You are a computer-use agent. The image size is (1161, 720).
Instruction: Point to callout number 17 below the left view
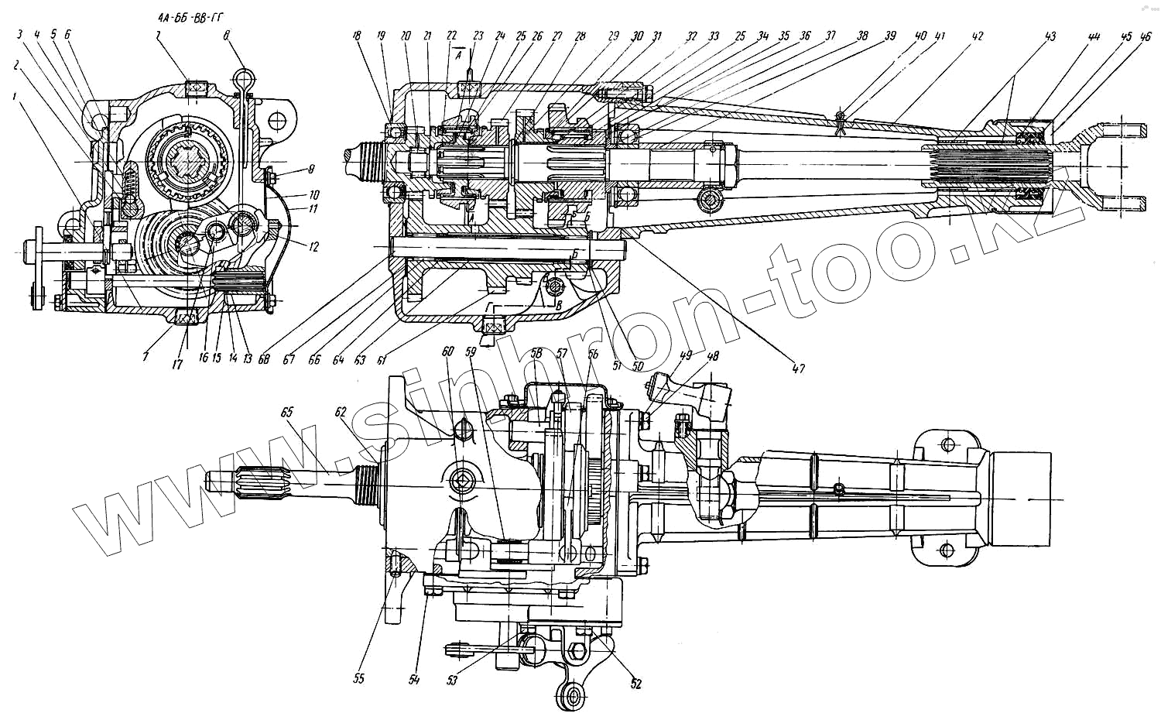[x=177, y=364]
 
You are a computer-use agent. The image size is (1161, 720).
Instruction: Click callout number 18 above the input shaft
[x=358, y=36]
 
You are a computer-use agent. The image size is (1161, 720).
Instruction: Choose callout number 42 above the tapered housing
[x=978, y=36]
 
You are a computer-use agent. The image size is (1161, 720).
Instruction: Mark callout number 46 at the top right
[x=1146, y=36]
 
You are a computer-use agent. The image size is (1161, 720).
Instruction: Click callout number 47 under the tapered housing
[x=798, y=369]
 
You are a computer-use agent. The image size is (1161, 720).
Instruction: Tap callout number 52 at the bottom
[x=636, y=684]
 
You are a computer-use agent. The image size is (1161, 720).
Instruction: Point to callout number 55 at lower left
[x=359, y=678]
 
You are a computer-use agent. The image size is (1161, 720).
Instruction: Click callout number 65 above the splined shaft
[x=287, y=413]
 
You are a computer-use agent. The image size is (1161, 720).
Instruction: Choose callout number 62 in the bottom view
[x=341, y=413]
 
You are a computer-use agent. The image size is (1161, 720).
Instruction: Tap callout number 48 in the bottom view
[x=713, y=357]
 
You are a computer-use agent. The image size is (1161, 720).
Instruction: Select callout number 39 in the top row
[x=891, y=36]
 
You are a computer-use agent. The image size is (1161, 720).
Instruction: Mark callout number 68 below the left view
[x=265, y=358]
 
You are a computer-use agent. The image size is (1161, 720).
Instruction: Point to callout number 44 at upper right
[x=1094, y=36]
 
